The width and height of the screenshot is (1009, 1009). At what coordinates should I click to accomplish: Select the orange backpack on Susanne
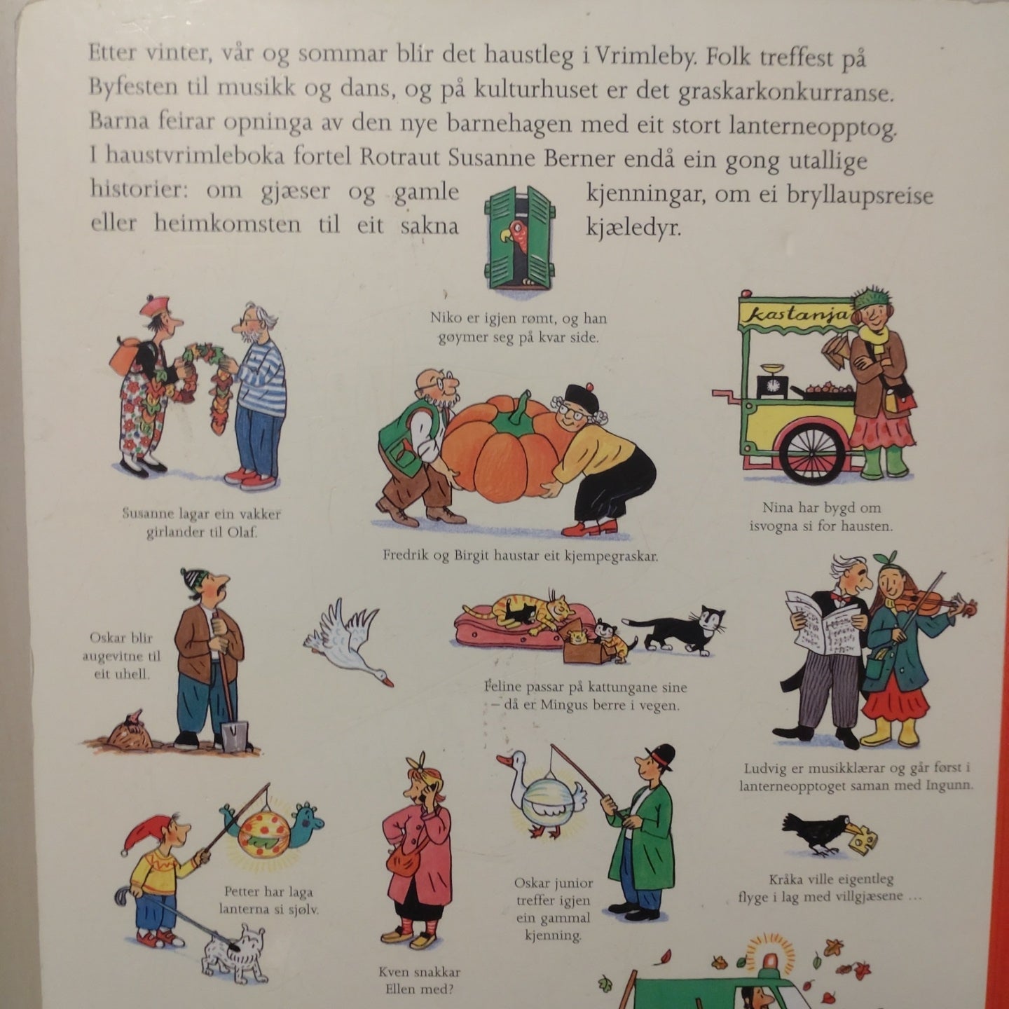click(125, 355)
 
